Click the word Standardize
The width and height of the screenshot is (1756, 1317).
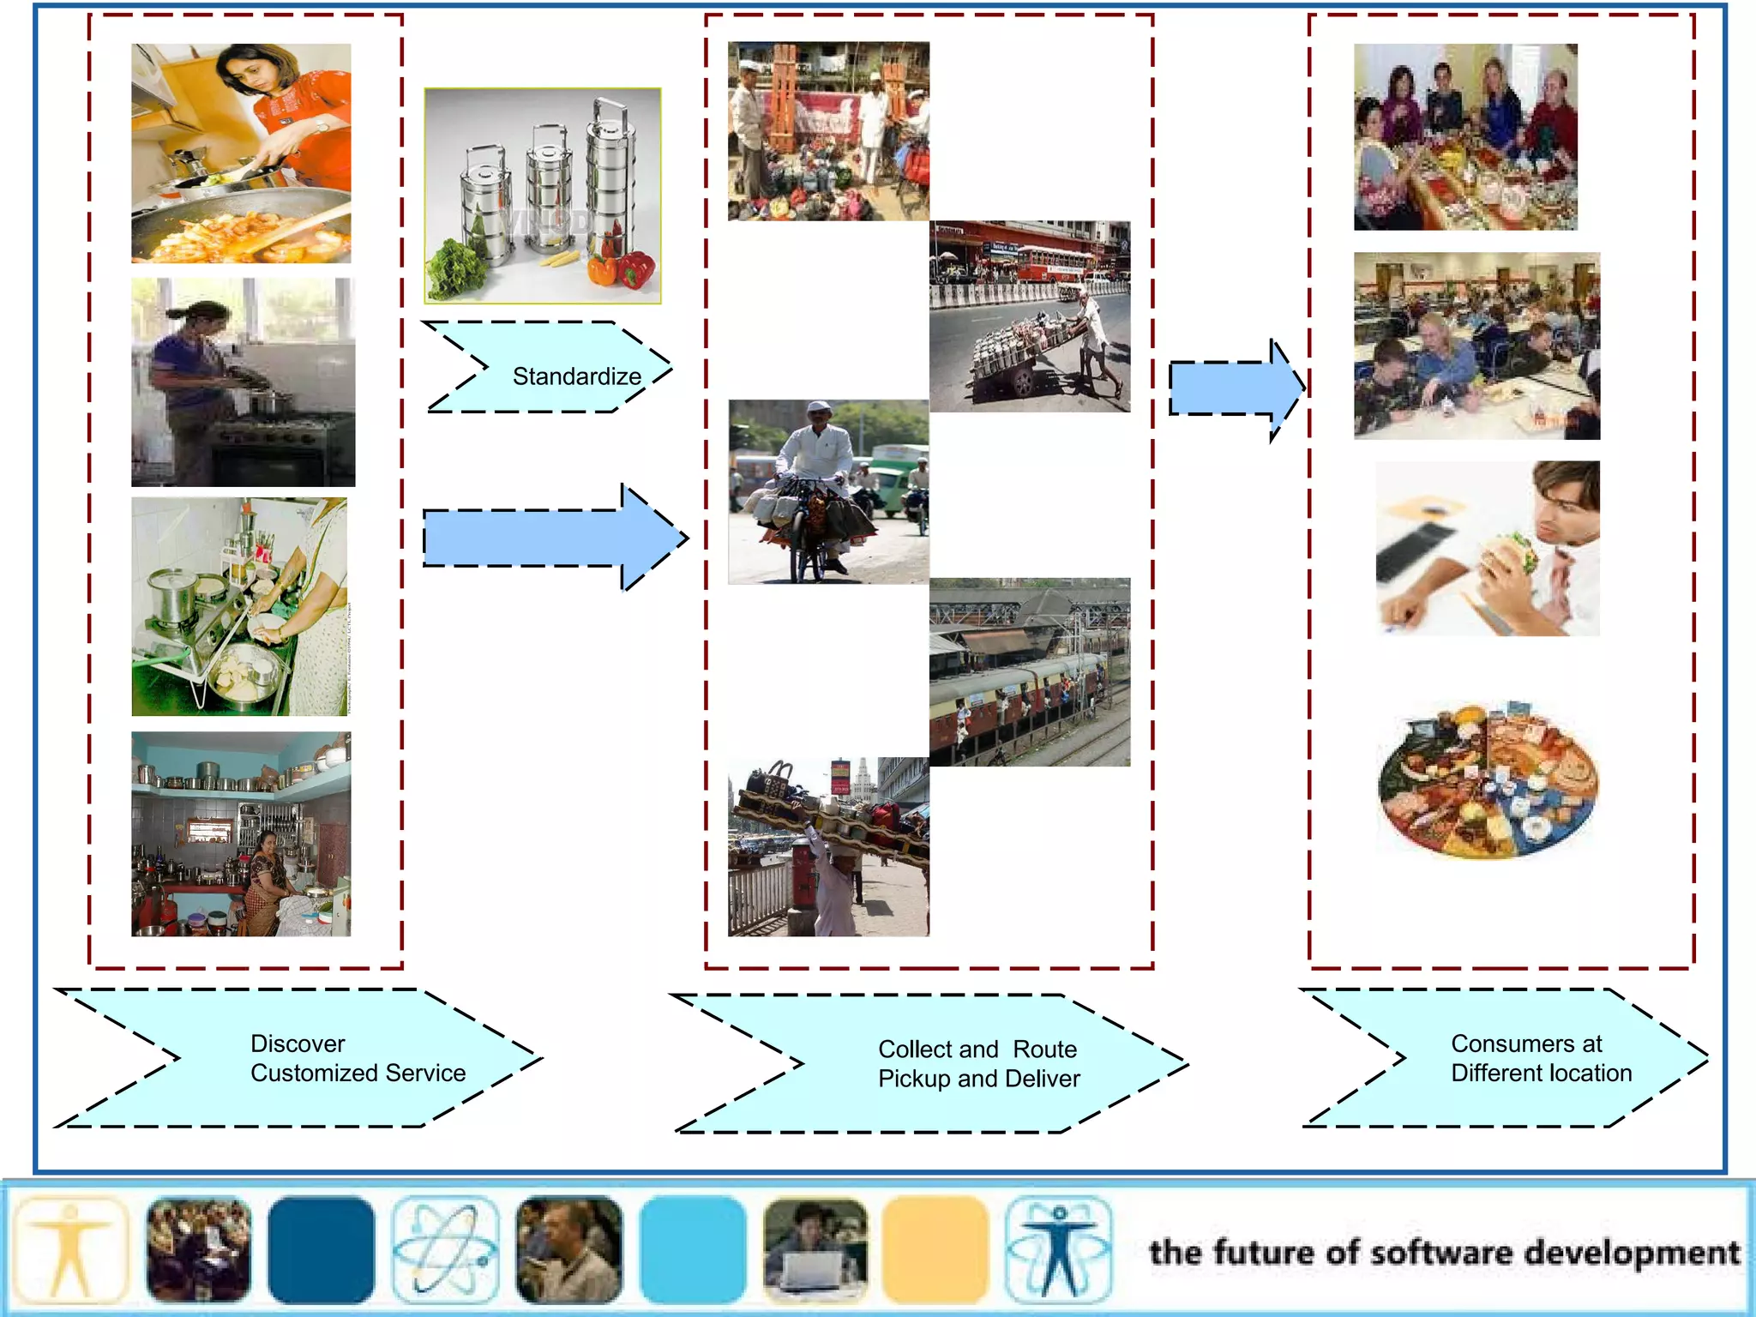tap(576, 376)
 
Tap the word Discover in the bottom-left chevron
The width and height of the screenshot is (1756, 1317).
tap(298, 1043)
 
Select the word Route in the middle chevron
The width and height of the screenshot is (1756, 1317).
tap(1044, 1049)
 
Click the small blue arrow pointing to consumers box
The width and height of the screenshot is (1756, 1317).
tap(1235, 389)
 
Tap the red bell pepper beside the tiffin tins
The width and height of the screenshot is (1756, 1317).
tap(635, 268)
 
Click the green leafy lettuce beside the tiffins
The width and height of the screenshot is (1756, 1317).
tap(456, 266)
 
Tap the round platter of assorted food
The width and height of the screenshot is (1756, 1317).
tap(1488, 780)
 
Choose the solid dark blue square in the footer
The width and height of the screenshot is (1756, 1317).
tap(321, 1250)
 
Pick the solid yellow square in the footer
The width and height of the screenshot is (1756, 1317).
tap(935, 1250)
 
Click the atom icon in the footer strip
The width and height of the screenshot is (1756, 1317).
tap(445, 1250)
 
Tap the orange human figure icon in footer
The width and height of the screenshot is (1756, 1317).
tap(71, 1250)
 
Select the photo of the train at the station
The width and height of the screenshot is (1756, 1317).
tap(1029, 672)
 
